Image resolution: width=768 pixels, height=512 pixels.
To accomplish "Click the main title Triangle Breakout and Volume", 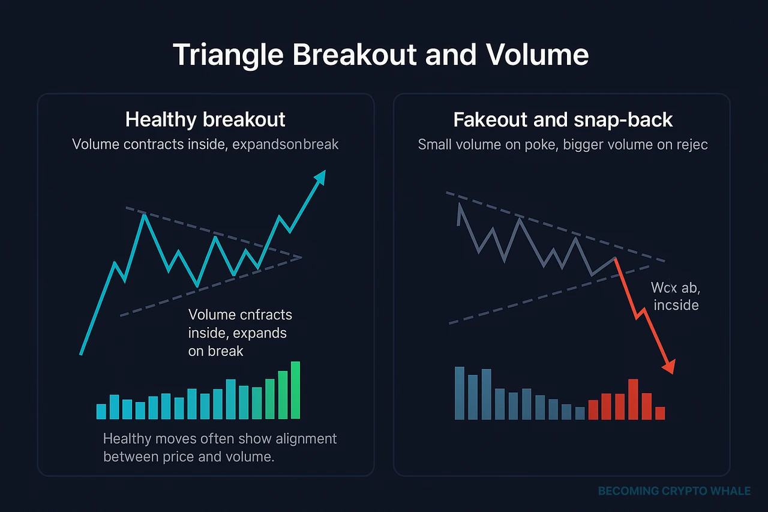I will tap(380, 55).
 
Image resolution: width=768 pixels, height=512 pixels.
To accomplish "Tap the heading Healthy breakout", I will tap(205, 119).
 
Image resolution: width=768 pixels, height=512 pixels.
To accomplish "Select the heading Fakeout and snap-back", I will tap(563, 119).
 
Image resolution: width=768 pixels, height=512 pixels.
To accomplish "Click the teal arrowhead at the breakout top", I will tap(320, 176).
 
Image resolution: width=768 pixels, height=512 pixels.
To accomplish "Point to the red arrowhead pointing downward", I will tap(669, 366).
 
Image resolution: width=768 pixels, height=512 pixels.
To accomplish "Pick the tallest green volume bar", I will tap(295, 390).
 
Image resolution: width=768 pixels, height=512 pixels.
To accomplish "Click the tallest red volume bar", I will tap(633, 399).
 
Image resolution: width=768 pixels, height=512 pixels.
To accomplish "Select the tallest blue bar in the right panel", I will tap(460, 393).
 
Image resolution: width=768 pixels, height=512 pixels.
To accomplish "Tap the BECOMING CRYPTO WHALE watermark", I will tap(674, 491).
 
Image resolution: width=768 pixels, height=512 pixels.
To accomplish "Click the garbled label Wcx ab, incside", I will tap(674, 296).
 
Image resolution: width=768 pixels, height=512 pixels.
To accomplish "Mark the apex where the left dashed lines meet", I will tap(301, 258).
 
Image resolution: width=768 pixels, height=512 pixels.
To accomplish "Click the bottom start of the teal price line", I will tap(81, 354).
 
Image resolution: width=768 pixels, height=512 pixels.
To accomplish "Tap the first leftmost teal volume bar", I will tap(101, 411).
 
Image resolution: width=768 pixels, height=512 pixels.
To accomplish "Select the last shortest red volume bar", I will tap(660, 413).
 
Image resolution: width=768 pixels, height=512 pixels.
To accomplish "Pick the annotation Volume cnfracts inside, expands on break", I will tap(240, 333).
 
